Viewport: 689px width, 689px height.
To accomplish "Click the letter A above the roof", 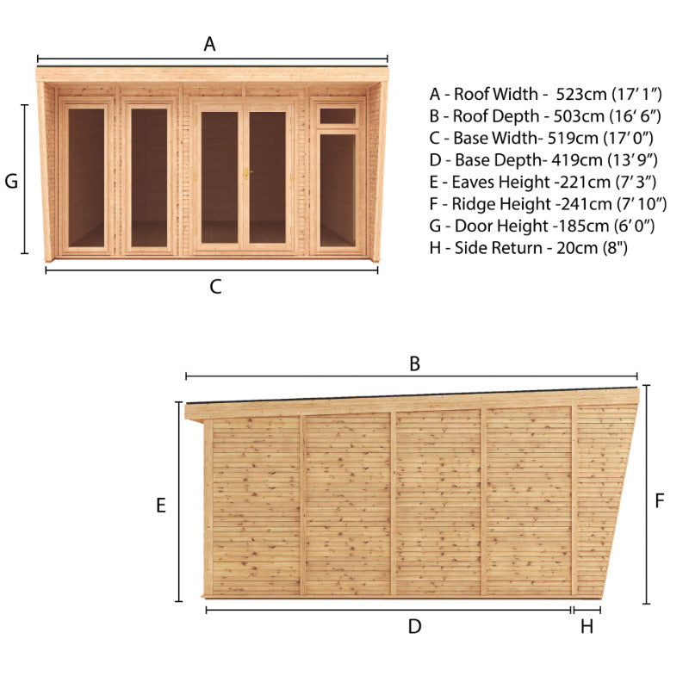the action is pos(209,44).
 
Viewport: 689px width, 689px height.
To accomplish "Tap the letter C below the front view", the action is pos(215,287).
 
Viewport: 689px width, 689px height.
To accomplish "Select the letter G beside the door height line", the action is pos(11,181).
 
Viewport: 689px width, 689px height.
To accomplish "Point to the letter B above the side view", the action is pos(414,363).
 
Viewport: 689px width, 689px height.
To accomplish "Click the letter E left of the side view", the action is pos(161,506).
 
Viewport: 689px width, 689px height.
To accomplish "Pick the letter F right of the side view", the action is pos(659,501).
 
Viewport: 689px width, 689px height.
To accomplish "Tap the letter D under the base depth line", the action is pos(414,627).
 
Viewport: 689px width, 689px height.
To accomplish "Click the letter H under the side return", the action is pos(587,627).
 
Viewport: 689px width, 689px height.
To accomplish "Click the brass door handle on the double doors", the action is pos(247,173).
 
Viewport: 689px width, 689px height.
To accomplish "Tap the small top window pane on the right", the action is pos(338,116).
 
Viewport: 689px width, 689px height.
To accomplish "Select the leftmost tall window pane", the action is pos(86,177).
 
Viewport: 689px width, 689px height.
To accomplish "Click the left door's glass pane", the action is pos(220,177).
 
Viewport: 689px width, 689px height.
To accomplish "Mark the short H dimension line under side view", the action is pos(587,610).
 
